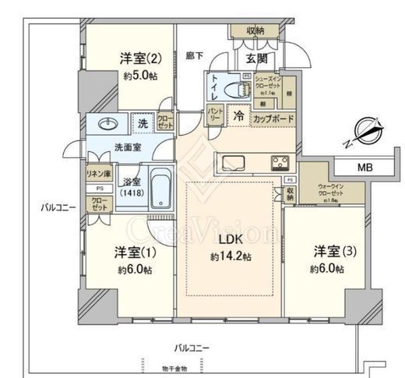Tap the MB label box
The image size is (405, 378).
pos(364,168)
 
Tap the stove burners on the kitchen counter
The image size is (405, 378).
pos(280,163)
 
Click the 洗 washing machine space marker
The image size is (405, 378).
pos(143,122)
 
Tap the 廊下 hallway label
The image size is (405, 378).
pos(194,56)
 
